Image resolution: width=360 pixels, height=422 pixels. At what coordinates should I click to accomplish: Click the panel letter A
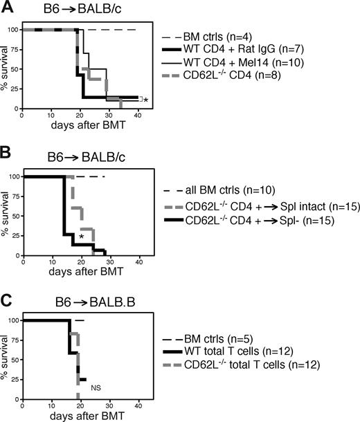coord(8,7)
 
